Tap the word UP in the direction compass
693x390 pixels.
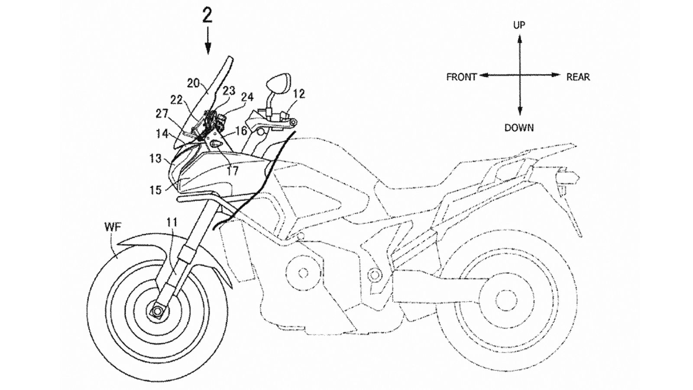(x=519, y=25)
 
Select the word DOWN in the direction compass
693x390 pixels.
(x=519, y=128)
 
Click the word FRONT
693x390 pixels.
(x=461, y=77)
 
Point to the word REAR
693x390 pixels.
(x=578, y=77)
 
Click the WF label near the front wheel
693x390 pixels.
(x=112, y=226)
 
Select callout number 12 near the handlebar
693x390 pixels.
(x=299, y=93)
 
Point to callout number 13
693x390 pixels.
(x=155, y=159)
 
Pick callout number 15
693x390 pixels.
(x=155, y=189)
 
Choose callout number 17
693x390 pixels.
(x=232, y=171)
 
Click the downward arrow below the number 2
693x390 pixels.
(x=208, y=41)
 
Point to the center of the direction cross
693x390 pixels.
(x=519, y=75)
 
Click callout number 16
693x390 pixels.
(x=241, y=130)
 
